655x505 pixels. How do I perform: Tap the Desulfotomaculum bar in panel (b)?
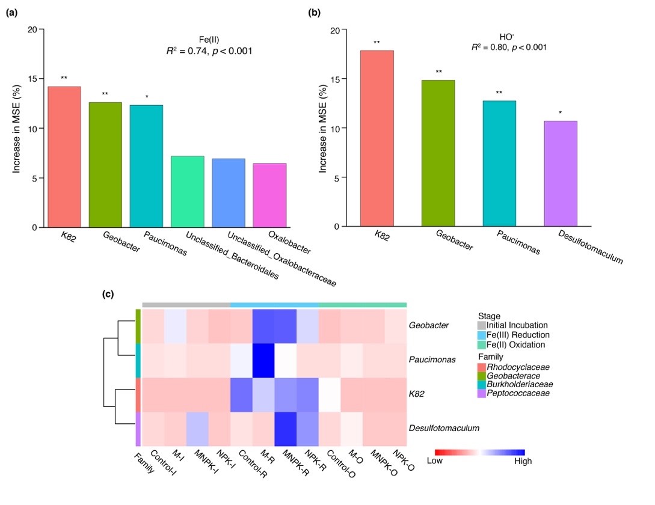(561, 173)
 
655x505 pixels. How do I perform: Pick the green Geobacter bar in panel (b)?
(437, 153)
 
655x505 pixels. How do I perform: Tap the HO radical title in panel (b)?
(509, 35)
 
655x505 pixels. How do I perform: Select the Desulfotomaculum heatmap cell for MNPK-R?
(286, 429)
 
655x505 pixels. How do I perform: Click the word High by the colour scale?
(523, 461)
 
